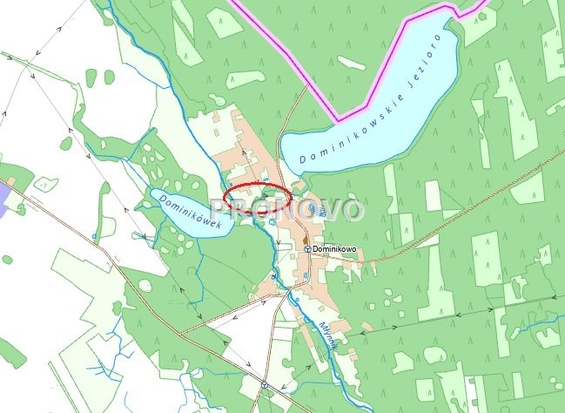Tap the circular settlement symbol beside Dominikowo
pyautogui.click(x=307, y=248)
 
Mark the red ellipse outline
pyautogui.click(x=258, y=198)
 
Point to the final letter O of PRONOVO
pyautogui.click(x=348, y=210)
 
